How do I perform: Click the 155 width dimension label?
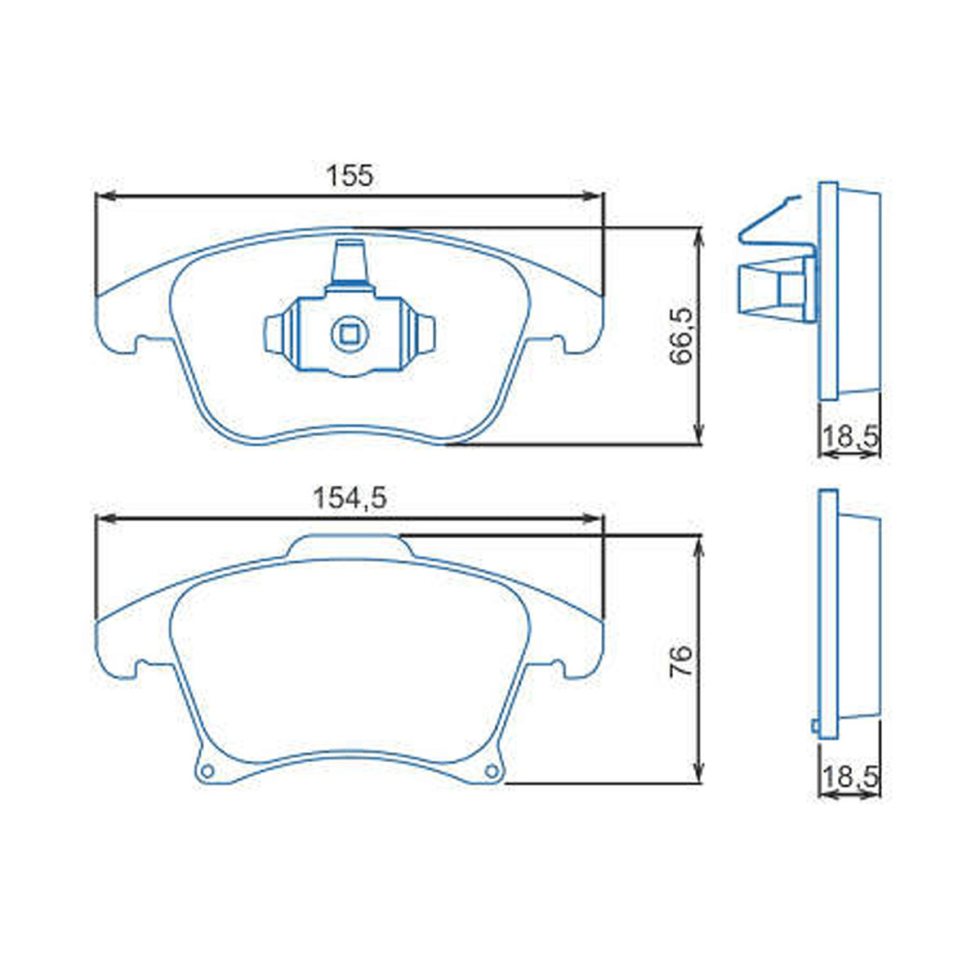[x=350, y=175]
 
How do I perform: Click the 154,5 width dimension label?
[x=350, y=497]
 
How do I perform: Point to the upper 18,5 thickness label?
[x=849, y=438]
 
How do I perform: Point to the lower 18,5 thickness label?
[x=849, y=777]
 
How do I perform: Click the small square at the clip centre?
[x=350, y=332]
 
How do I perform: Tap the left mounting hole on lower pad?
[x=207, y=770]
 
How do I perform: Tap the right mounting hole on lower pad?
[x=491, y=770]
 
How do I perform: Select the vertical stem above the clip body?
[x=350, y=261]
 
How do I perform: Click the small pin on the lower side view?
[x=814, y=725]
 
